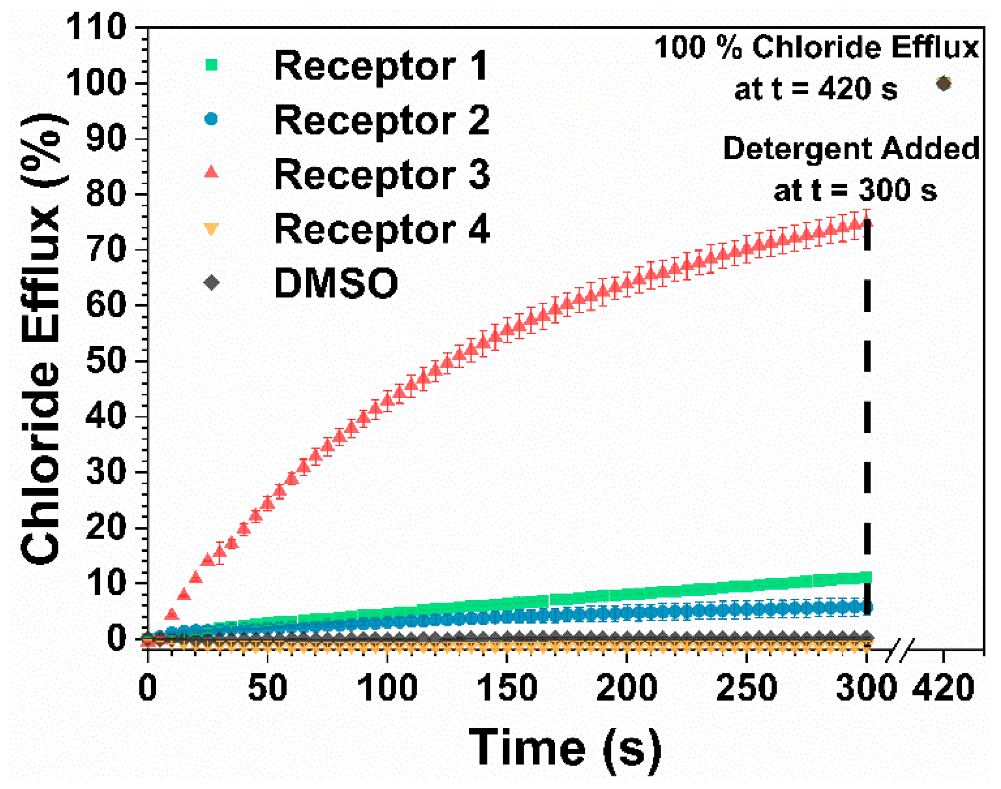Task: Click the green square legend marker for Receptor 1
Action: click(211, 65)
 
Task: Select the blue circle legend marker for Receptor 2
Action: click(211, 119)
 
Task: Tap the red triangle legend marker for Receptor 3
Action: click(211, 172)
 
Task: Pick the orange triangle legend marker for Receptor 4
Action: click(211, 229)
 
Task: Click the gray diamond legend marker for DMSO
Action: click(211, 283)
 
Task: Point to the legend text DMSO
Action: click(336, 283)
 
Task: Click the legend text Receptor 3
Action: click(382, 175)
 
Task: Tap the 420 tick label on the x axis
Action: click(943, 688)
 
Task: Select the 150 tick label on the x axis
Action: click(507, 688)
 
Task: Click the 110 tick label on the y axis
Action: click(96, 27)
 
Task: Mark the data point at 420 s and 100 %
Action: click(943, 83)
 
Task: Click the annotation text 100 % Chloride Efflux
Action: click(816, 47)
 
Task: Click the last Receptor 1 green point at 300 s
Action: click(866, 577)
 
